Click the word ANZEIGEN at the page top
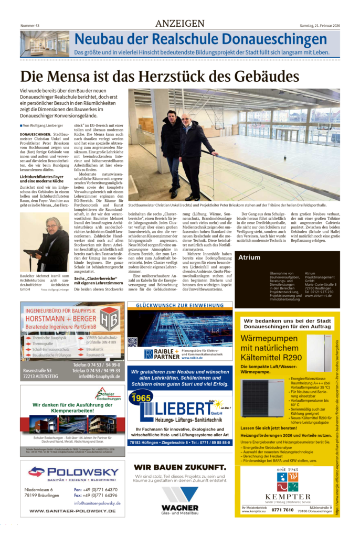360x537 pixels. click(x=179, y=24)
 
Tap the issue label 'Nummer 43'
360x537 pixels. click(x=30, y=25)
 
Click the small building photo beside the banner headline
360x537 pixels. click(x=44, y=44)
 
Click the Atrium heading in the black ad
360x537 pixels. click(x=249, y=257)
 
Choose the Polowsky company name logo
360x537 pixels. click(x=73, y=472)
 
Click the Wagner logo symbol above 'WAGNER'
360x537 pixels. click(x=179, y=495)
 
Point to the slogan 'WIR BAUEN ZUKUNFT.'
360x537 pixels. click(x=179, y=467)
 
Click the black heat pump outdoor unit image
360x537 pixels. click(x=262, y=398)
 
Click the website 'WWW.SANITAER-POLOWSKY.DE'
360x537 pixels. click(x=73, y=511)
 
